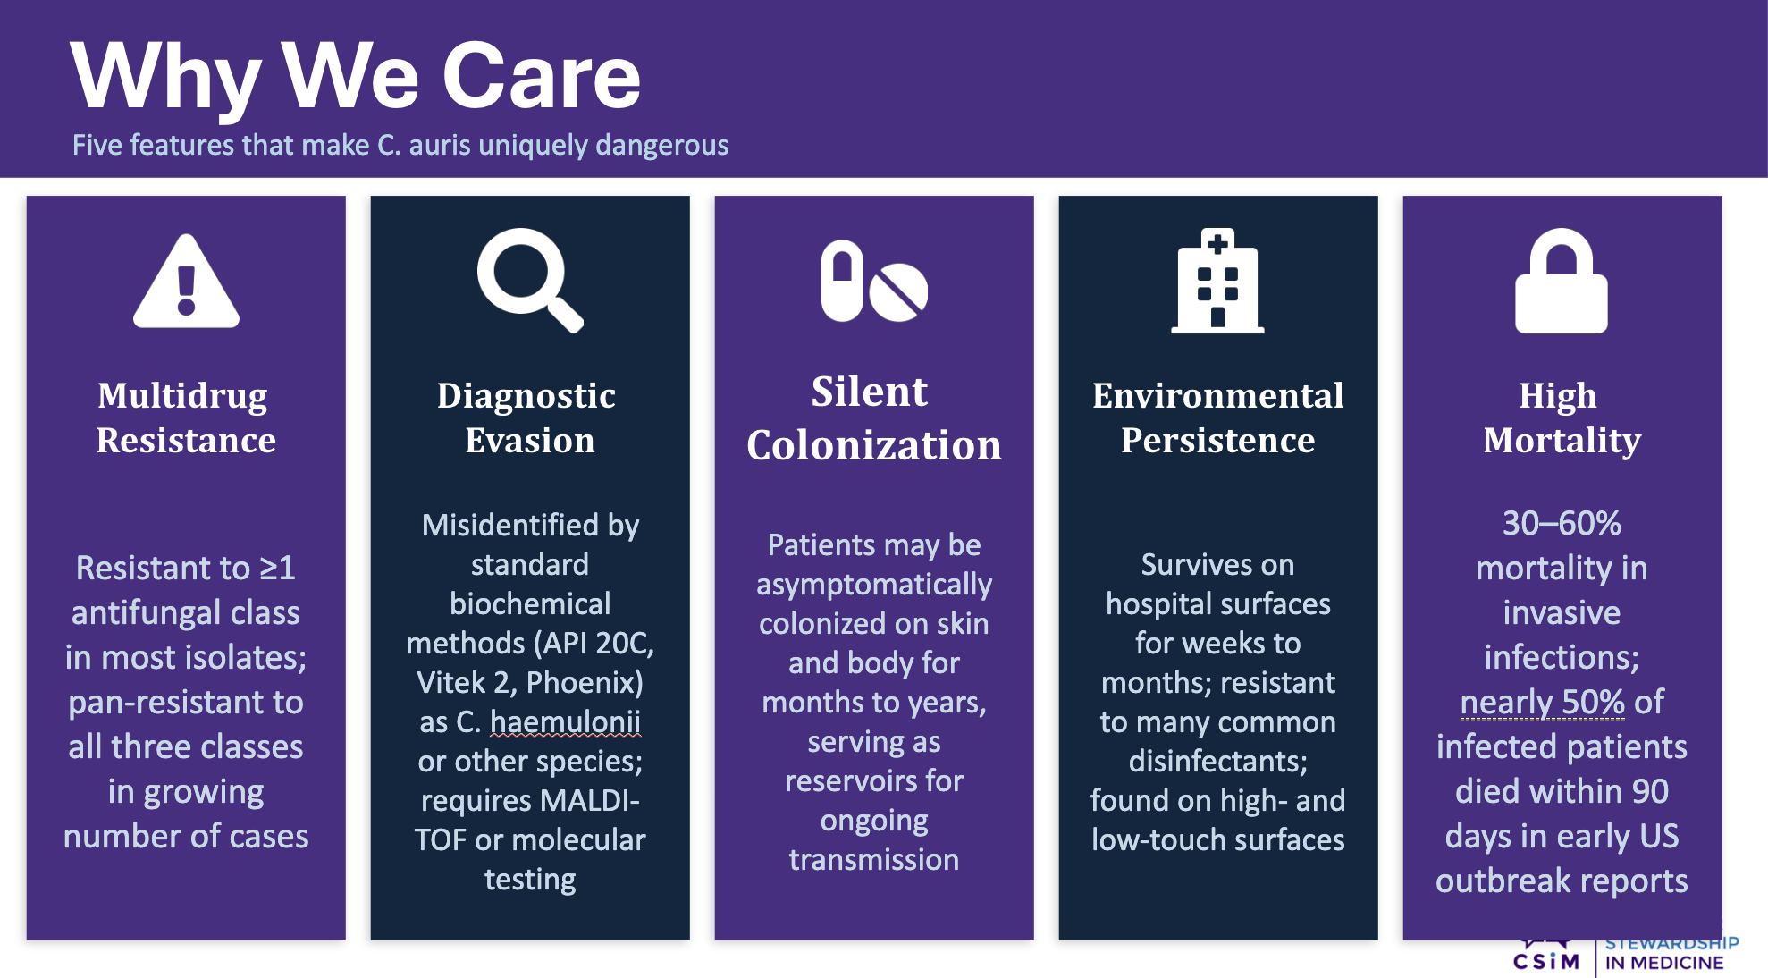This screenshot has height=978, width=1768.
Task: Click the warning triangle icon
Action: coord(186,282)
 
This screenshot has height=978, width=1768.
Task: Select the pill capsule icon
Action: coord(842,281)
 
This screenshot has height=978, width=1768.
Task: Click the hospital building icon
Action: coord(1217,281)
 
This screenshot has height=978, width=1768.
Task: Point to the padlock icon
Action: coord(1562,281)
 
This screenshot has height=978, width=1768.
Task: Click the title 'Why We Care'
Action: coord(356,77)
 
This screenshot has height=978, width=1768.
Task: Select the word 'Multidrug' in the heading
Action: coord(182,396)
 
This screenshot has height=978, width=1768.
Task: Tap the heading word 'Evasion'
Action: coord(530,441)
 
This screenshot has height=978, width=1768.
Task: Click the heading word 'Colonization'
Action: coord(874,445)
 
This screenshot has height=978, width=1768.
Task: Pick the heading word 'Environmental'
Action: coord(1218,396)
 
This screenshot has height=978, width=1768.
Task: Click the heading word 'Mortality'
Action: coord(1562,441)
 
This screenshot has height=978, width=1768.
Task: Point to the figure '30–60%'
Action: coord(1562,523)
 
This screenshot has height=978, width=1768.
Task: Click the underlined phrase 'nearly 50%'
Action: coord(1543,703)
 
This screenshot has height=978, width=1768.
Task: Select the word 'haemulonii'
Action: coord(565,721)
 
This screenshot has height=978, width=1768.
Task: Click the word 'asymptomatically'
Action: coord(874,585)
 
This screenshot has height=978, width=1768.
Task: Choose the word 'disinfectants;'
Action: coord(1218,761)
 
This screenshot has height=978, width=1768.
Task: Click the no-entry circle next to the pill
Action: coord(898,291)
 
